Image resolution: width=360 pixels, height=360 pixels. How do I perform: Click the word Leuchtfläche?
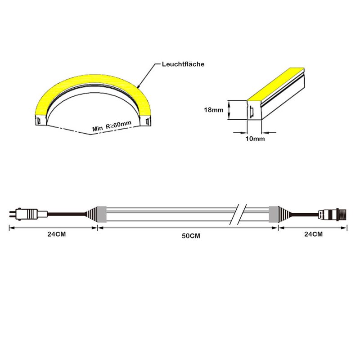click(183, 64)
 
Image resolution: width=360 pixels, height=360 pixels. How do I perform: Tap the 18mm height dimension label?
click(213, 110)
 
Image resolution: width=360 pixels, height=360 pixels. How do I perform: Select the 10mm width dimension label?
click(255, 139)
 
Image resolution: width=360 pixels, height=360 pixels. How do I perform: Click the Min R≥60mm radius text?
click(112, 126)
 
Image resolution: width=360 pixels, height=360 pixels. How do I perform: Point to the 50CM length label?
click(191, 236)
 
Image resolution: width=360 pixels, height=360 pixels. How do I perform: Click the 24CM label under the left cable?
click(57, 234)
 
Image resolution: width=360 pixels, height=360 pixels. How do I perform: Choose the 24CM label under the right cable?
click(313, 234)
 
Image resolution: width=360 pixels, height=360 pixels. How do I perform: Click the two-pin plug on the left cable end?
click(28, 214)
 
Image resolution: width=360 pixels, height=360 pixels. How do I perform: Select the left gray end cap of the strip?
click(102, 214)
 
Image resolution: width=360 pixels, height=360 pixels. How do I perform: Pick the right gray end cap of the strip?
click(274, 214)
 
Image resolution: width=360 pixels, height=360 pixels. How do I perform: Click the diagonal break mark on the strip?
click(238, 214)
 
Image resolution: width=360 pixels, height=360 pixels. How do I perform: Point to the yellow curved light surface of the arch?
click(92, 79)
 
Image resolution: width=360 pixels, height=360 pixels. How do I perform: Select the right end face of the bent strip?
click(145, 121)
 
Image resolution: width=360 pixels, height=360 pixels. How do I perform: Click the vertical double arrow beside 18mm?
click(229, 110)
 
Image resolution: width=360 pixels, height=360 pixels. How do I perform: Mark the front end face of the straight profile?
click(254, 110)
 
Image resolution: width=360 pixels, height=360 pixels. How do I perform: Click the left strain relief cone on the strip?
click(91, 214)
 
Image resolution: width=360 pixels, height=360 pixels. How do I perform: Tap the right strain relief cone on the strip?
click(284, 214)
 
